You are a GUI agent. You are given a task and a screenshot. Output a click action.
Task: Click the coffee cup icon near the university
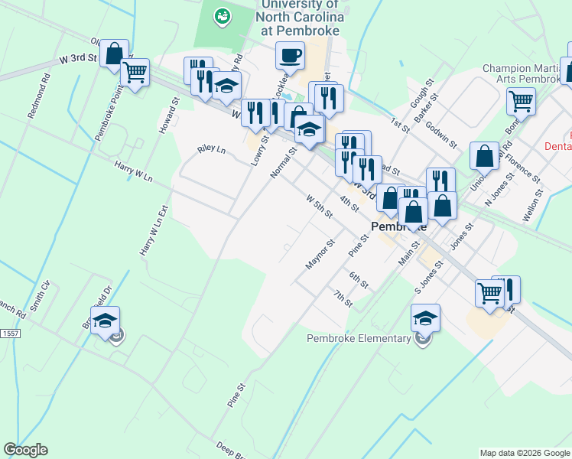click(x=291, y=55)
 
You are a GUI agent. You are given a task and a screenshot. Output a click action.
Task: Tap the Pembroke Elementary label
click(x=359, y=338)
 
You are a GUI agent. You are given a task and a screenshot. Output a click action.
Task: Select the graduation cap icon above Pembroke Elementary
click(x=426, y=317)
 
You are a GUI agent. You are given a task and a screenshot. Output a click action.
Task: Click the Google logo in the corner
click(x=25, y=450)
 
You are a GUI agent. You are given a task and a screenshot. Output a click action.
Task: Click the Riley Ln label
click(x=211, y=149)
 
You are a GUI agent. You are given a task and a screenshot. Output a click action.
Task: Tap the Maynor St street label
click(x=321, y=255)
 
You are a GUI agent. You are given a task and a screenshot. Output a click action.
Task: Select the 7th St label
click(x=343, y=298)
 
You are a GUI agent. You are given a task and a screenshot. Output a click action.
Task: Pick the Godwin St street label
click(x=441, y=135)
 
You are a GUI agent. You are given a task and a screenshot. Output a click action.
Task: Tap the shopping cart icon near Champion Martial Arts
click(x=521, y=100)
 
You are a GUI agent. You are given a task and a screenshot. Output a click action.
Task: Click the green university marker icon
click(x=223, y=15)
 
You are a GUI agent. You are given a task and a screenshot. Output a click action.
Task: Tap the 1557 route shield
click(x=10, y=334)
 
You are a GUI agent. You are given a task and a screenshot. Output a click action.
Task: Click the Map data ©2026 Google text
click(x=525, y=453)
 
